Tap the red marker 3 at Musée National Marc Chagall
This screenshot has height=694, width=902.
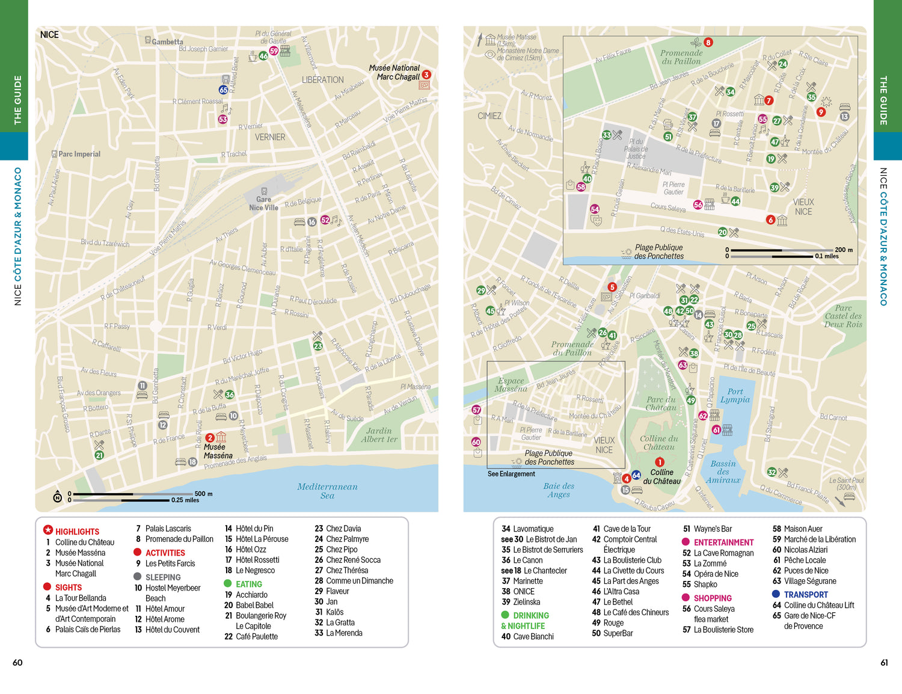(426, 75)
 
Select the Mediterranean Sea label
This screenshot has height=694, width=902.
(327, 491)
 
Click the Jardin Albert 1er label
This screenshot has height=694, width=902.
(379, 435)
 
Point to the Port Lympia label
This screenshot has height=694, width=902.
(735, 395)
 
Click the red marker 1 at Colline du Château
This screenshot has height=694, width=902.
(660, 462)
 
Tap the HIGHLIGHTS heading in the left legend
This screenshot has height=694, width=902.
(77, 532)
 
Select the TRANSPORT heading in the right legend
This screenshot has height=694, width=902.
(805, 594)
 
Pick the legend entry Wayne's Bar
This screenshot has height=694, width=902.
(713, 529)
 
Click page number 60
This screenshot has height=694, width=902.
(17, 662)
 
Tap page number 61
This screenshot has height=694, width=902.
(884, 662)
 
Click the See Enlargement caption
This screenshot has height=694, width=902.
(511, 474)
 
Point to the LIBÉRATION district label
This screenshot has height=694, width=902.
(323, 79)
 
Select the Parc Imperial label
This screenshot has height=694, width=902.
(79, 154)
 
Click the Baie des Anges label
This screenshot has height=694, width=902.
(559, 490)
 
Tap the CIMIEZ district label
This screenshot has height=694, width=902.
(489, 115)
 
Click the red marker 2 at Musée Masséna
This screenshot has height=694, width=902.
(210, 438)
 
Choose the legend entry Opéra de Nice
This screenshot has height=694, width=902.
(716, 574)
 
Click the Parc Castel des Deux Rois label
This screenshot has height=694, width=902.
(843, 316)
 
